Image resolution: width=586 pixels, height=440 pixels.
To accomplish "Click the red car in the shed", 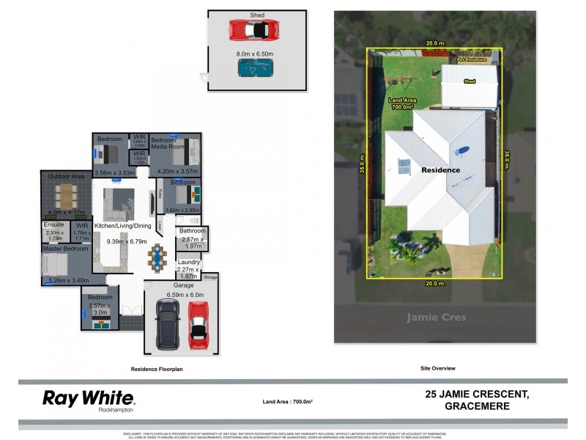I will coord(254,30).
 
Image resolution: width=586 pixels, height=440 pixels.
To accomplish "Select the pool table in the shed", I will coord(254,68).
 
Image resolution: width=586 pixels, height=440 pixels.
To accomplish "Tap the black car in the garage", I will coord(168,323).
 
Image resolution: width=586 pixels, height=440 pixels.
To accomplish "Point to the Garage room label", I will coord(183,285).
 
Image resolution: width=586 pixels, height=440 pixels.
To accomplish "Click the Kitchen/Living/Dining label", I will coord(123,226).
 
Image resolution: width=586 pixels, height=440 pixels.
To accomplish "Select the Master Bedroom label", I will coord(66,249).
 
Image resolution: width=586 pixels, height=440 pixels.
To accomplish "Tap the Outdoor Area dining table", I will coord(67,194).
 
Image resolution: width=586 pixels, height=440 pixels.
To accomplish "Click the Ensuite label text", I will coord(54,224).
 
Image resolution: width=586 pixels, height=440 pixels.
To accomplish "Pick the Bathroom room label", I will coord(193,231).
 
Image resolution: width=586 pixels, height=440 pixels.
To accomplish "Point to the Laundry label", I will coord(188,262).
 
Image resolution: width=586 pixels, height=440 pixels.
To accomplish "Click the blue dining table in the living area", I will coord(157,257).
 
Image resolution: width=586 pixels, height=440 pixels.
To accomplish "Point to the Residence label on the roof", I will coord(440,170).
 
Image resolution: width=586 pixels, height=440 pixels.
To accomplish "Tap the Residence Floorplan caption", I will coord(157,369).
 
